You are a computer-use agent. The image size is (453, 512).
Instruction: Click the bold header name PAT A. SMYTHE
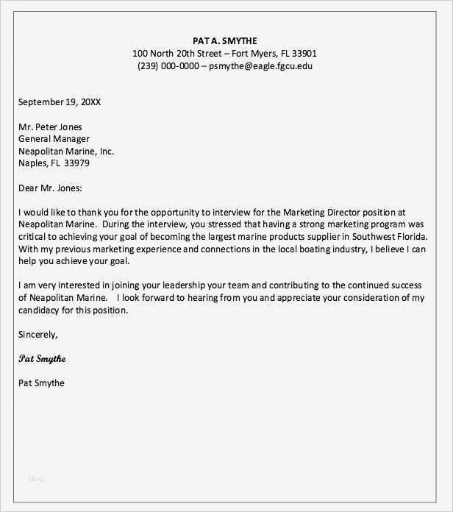(225, 40)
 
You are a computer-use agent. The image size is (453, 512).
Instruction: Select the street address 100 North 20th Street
(176, 54)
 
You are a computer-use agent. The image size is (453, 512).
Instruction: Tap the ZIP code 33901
(304, 54)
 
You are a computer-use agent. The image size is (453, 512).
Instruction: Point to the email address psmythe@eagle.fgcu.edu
(260, 66)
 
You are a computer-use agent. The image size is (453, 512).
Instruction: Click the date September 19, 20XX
(60, 102)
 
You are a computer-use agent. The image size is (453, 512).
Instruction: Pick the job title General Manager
(54, 139)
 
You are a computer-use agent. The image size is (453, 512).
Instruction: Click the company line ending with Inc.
(66, 152)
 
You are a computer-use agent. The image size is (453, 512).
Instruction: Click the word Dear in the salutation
(29, 188)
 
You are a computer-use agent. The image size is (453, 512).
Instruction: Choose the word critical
(35, 237)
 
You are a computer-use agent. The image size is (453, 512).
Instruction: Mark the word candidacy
(40, 310)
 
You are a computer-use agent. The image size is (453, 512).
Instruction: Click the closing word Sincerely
(38, 335)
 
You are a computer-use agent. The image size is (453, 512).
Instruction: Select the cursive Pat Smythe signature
(42, 359)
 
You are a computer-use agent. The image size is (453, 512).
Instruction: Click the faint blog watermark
(37, 479)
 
